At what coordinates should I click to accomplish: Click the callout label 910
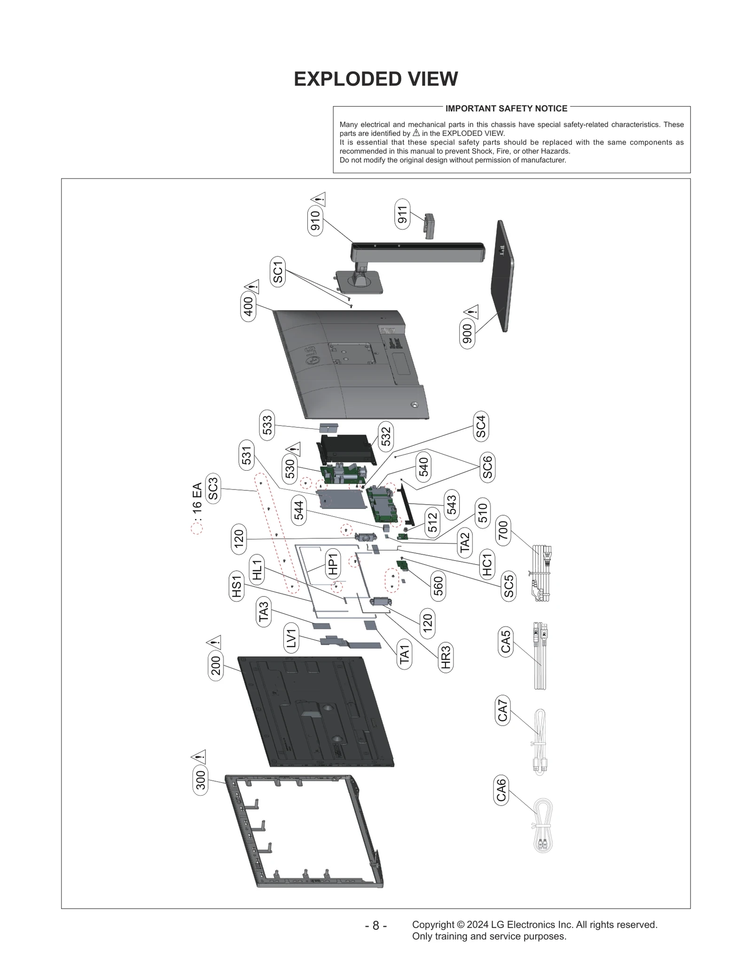pyautogui.click(x=315, y=220)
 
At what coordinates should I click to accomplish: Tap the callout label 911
pyautogui.click(x=402, y=214)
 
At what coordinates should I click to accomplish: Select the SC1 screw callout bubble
pyautogui.click(x=278, y=272)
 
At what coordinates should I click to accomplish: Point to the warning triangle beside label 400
pyautogui.click(x=252, y=286)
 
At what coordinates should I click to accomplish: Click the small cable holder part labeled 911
pyautogui.click(x=430, y=226)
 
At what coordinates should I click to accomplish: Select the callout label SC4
pyautogui.click(x=481, y=426)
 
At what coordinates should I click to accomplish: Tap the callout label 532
pyautogui.click(x=386, y=435)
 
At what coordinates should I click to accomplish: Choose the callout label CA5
pyautogui.click(x=506, y=642)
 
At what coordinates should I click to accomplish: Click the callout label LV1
pyautogui.click(x=292, y=638)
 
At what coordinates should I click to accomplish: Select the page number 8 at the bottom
pyautogui.click(x=376, y=925)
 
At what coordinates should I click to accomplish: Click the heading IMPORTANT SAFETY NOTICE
pyautogui.click(x=506, y=109)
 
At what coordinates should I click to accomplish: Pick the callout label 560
pyautogui.click(x=438, y=586)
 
